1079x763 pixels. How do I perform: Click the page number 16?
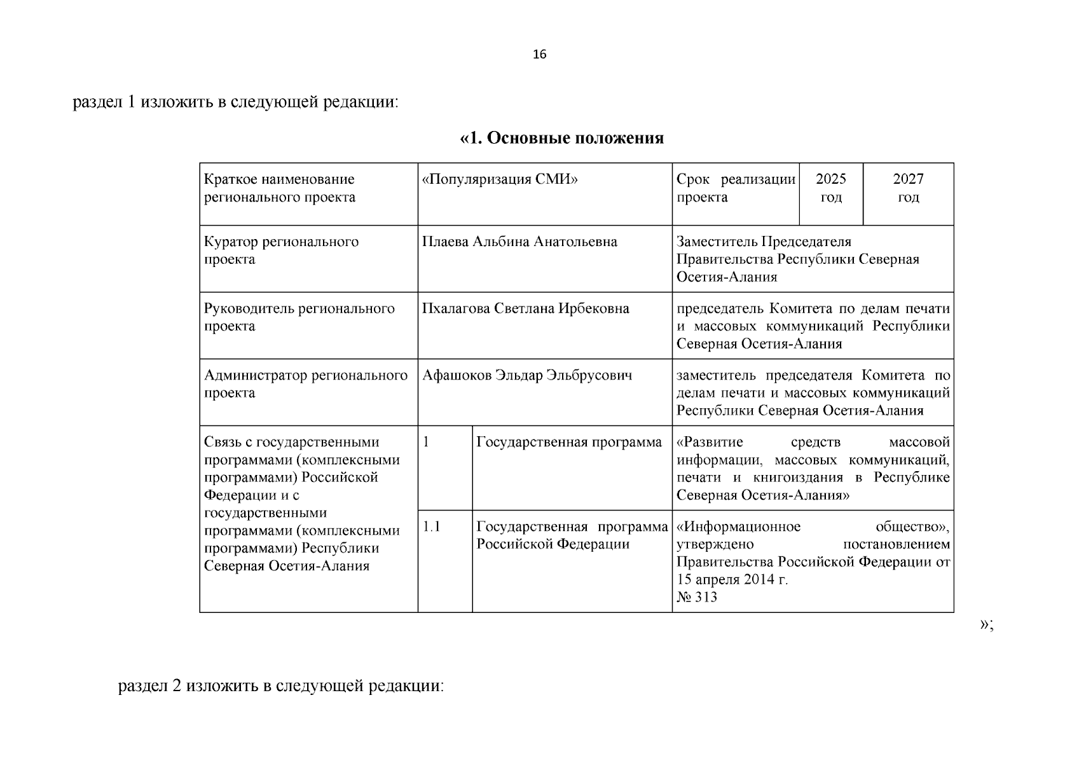pyautogui.click(x=539, y=55)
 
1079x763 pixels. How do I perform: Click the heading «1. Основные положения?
pyautogui.click(x=561, y=138)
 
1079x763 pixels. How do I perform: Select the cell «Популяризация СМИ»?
pyautogui.click(x=500, y=180)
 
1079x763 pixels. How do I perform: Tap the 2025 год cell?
pyautogui.click(x=830, y=188)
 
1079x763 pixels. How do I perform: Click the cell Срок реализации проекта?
pyautogui.click(x=735, y=188)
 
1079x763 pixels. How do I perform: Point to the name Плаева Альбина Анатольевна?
pyautogui.click(x=519, y=242)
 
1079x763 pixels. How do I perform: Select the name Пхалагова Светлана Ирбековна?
pyautogui.click(x=525, y=309)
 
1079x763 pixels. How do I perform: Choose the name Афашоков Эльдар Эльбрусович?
pyautogui.click(x=527, y=376)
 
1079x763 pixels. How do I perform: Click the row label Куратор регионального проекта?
pyautogui.click(x=281, y=251)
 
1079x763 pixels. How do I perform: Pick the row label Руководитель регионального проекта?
pyautogui.click(x=299, y=317)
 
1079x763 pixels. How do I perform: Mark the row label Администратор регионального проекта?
pyautogui.click(x=305, y=384)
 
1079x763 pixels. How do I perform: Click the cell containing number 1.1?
pyautogui.click(x=432, y=527)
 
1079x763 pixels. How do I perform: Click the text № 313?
pyautogui.click(x=697, y=597)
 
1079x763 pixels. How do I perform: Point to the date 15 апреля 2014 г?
pyautogui.click(x=732, y=580)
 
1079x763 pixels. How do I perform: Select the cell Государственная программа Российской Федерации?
pyautogui.click(x=572, y=535)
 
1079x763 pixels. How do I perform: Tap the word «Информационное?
pyautogui.click(x=738, y=527)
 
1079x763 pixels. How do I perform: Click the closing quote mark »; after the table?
pyautogui.click(x=986, y=625)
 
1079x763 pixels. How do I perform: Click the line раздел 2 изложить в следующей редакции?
pyautogui.click(x=280, y=687)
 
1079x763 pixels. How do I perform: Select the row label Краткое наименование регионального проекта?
pyautogui.click(x=280, y=188)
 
